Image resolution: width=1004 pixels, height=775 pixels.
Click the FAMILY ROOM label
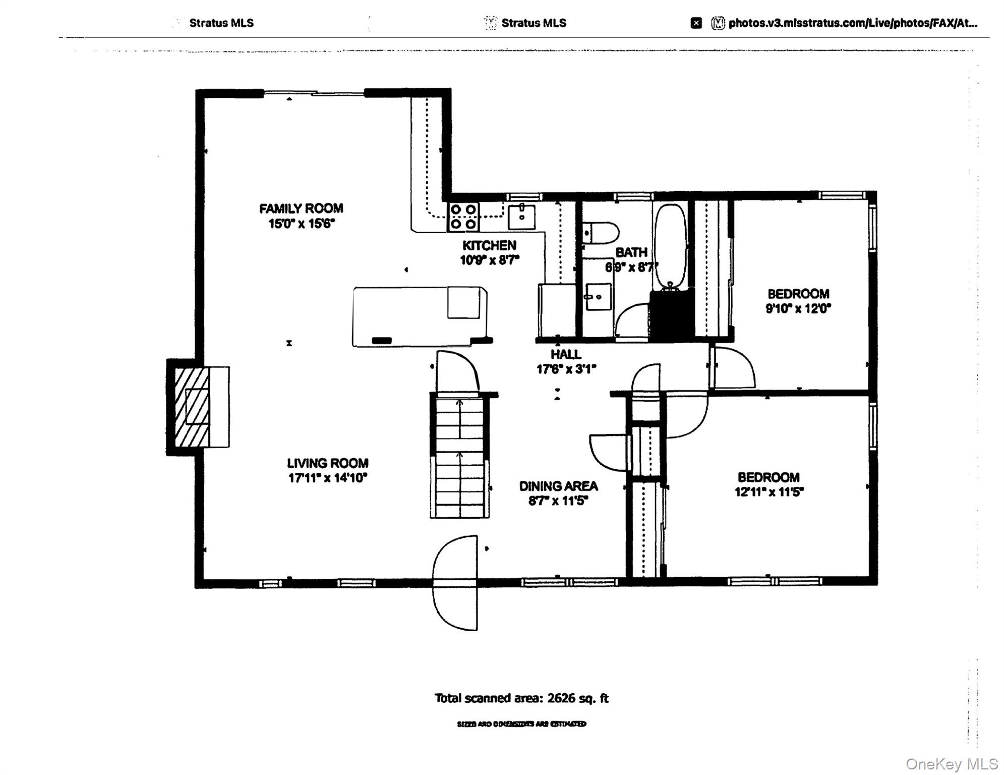pyautogui.click(x=301, y=208)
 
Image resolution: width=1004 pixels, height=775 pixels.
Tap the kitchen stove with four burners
pyautogui.click(x=463, y=216)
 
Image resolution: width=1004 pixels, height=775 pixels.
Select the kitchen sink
pyautogui.click(x=521, y=217)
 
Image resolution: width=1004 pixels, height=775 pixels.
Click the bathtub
pyautogui.click(x=670, y=246)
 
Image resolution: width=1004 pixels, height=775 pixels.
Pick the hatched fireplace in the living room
pyautogui.click(x=192, y=407)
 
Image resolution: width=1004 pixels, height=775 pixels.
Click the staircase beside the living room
pyautogui.click(x=459, y=457)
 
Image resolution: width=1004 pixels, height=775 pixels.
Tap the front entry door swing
pyautogui.click(x=455, y=582)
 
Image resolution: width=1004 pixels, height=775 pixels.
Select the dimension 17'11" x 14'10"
pyautogui.click(x=327, y=478)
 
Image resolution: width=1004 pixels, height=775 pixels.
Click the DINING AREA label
pyautogui.click(x=558, y=486)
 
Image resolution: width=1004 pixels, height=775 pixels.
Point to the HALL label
pyautogui.click(x=566, y=354)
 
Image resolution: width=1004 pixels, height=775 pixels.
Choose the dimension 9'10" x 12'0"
pyautogui.click(x=798, y=308)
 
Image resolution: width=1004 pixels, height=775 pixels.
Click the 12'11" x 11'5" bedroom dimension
pyautogui.click(x=769, y=492)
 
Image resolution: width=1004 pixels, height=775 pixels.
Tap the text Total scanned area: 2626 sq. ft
pyautogui.click(x=521, y=698)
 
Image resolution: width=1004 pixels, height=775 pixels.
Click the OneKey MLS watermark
pyautogui.click(x=952, y=764)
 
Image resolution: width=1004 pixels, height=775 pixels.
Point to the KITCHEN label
pyautogui.click(x=489, y=245)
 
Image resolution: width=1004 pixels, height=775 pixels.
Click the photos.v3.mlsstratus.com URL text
pyautogui.click(x=852, y=23)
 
